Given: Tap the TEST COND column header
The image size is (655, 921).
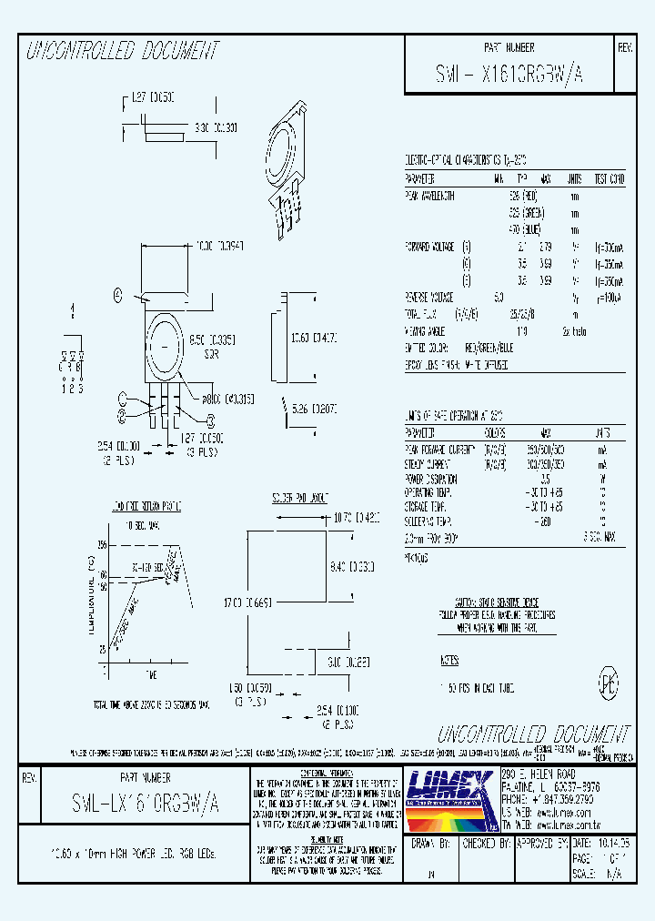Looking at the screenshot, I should pyautogui.click(x=609, y=178).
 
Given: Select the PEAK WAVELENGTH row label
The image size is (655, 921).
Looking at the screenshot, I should pyautogui.click(x=430, y=196).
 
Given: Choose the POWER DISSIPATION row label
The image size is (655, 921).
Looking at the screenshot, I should pyautogui.click(x=431, y=479).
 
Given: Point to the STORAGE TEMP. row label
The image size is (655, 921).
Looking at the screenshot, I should pyautogui.click(x=427, y=503).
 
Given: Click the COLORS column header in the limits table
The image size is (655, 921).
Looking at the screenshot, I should pyautogui.click(x=497, y=432).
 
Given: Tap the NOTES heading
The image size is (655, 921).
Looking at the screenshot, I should pyautogui.click(x=449, y=660).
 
